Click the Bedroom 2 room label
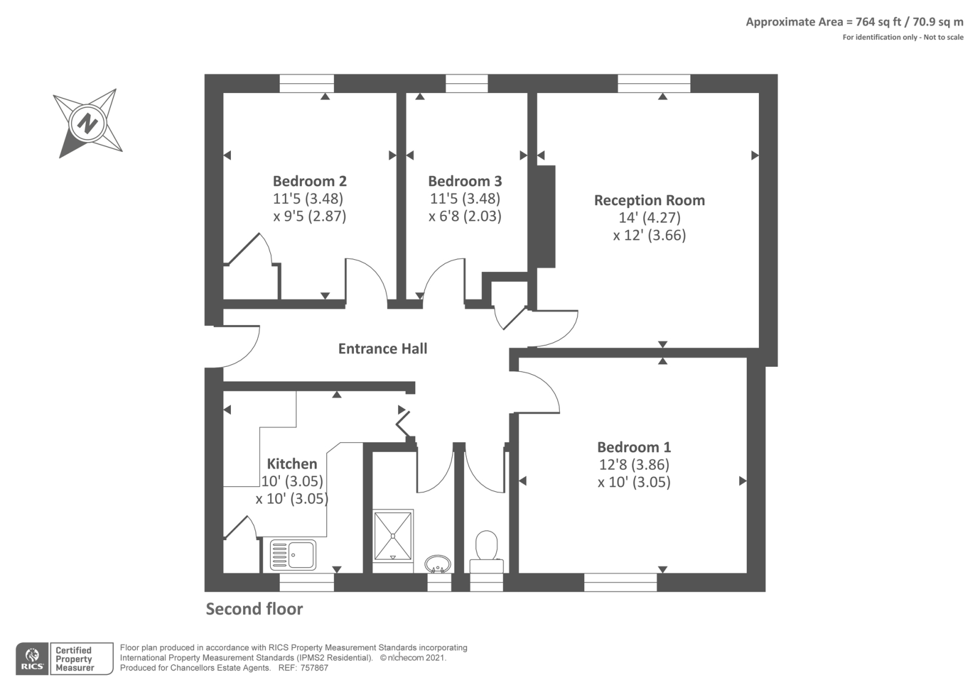[x=310, y=181]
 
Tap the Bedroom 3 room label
[x=465, y=181]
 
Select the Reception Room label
[x=650, y=200]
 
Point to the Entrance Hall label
[x=383, y=348]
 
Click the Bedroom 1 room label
[x=634, y=447]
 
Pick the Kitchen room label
[x=292, y=464]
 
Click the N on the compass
[x=88, y=123]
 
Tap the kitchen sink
[x=293, y=555]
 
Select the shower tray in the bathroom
[x=393, y=535]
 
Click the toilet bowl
[x=486, y=545]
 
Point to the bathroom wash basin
[x=438, y=564]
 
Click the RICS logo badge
[x=32, y=659]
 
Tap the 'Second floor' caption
[x=254, y=609]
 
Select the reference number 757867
[x=314, y=668]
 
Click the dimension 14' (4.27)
[x=649, y=218]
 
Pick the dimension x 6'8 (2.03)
[x=465, y=216]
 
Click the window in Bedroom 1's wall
[x=620, y=582]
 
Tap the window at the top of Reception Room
[x=654, y=83]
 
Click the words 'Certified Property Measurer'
[x=74, y=659]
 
